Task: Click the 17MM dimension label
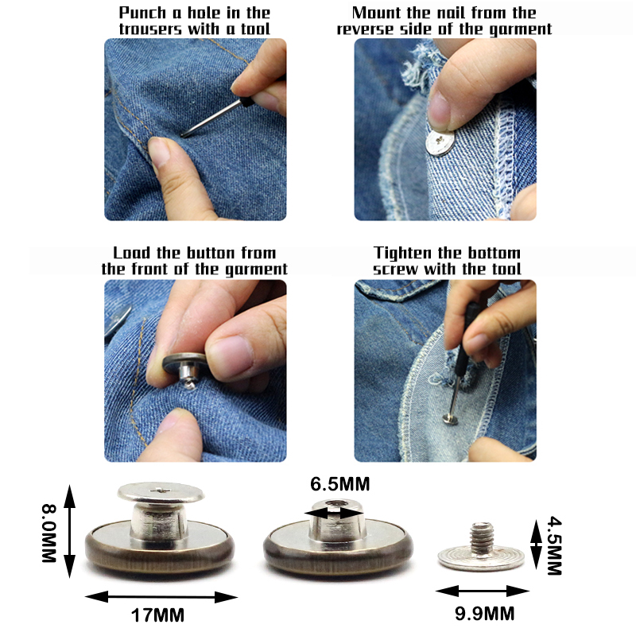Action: pos(157,615)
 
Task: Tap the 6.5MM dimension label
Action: pos(340,484)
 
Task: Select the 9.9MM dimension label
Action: pos(484,613)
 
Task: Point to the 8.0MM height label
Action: pos(49,533)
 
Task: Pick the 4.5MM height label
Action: pos(554,545)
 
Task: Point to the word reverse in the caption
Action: pos(366,29)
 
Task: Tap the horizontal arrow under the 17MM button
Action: pos(161,597)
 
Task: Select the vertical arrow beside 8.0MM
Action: pos(69,531)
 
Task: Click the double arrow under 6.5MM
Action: pos(335,514)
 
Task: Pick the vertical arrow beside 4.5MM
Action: pos(536,545)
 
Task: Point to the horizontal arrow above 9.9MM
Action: pos(482,591)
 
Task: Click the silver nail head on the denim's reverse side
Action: pos(440,142)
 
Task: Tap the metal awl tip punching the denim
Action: pos(184,135)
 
